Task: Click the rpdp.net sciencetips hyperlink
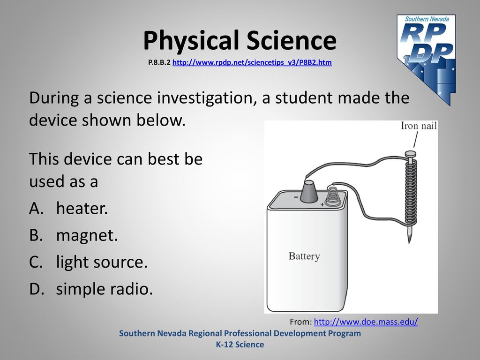coord(252,62)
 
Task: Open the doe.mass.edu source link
coord(366,322)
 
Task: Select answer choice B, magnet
coord(74,235)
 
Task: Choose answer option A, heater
coord(68,208)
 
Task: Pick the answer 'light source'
coord(89,262)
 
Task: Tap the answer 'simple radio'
coord(91,289)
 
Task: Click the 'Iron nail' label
coord(419,126)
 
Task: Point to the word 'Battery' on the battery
coord(304,256)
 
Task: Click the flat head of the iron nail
coord(410,154)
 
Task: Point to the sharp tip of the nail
coord(409,243)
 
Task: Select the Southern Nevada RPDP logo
coord(427,60)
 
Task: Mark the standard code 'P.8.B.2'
coord(159,62)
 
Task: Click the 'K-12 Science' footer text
coord(240,345)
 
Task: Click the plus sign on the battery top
coord(322,204)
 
